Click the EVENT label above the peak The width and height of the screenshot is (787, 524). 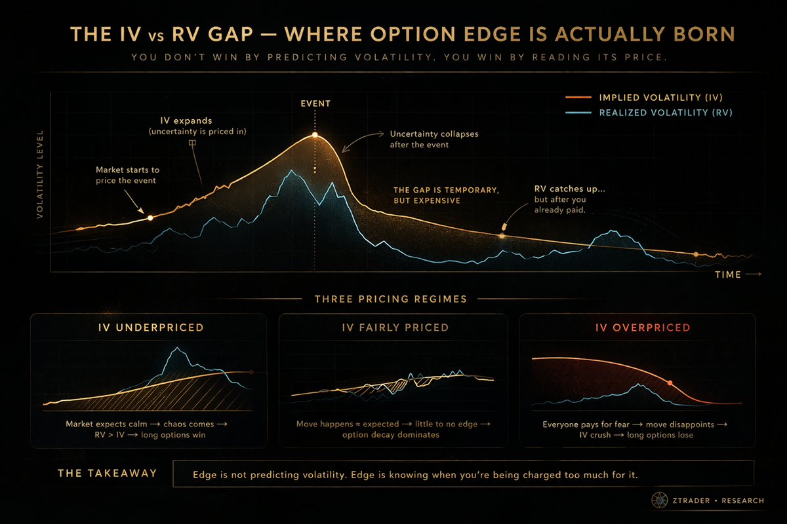coord(315,103)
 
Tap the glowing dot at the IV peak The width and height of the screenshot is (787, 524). coord(315,135)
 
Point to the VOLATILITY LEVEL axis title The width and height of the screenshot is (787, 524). coord(40,174)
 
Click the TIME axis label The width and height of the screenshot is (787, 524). coord(728,274)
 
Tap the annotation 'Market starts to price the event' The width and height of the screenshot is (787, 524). coord(127,175)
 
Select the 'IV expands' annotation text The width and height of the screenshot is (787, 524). coord(186,121)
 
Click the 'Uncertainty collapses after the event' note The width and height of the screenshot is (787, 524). coord(434,140)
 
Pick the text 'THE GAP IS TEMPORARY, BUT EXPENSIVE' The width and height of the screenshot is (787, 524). coord(446,195)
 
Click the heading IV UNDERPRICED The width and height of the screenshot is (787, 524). coord(151,327)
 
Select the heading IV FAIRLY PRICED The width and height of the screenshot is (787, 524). coord(395,327)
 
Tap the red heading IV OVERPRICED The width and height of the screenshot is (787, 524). coord(643,327)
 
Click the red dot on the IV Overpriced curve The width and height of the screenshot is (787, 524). coord(670,383)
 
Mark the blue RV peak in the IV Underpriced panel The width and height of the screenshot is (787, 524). coord(178,348)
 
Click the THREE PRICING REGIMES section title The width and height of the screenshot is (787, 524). coord(391,299)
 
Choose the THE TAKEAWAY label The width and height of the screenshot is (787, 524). coord(107,473)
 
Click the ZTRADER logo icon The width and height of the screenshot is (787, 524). coord(660,500)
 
